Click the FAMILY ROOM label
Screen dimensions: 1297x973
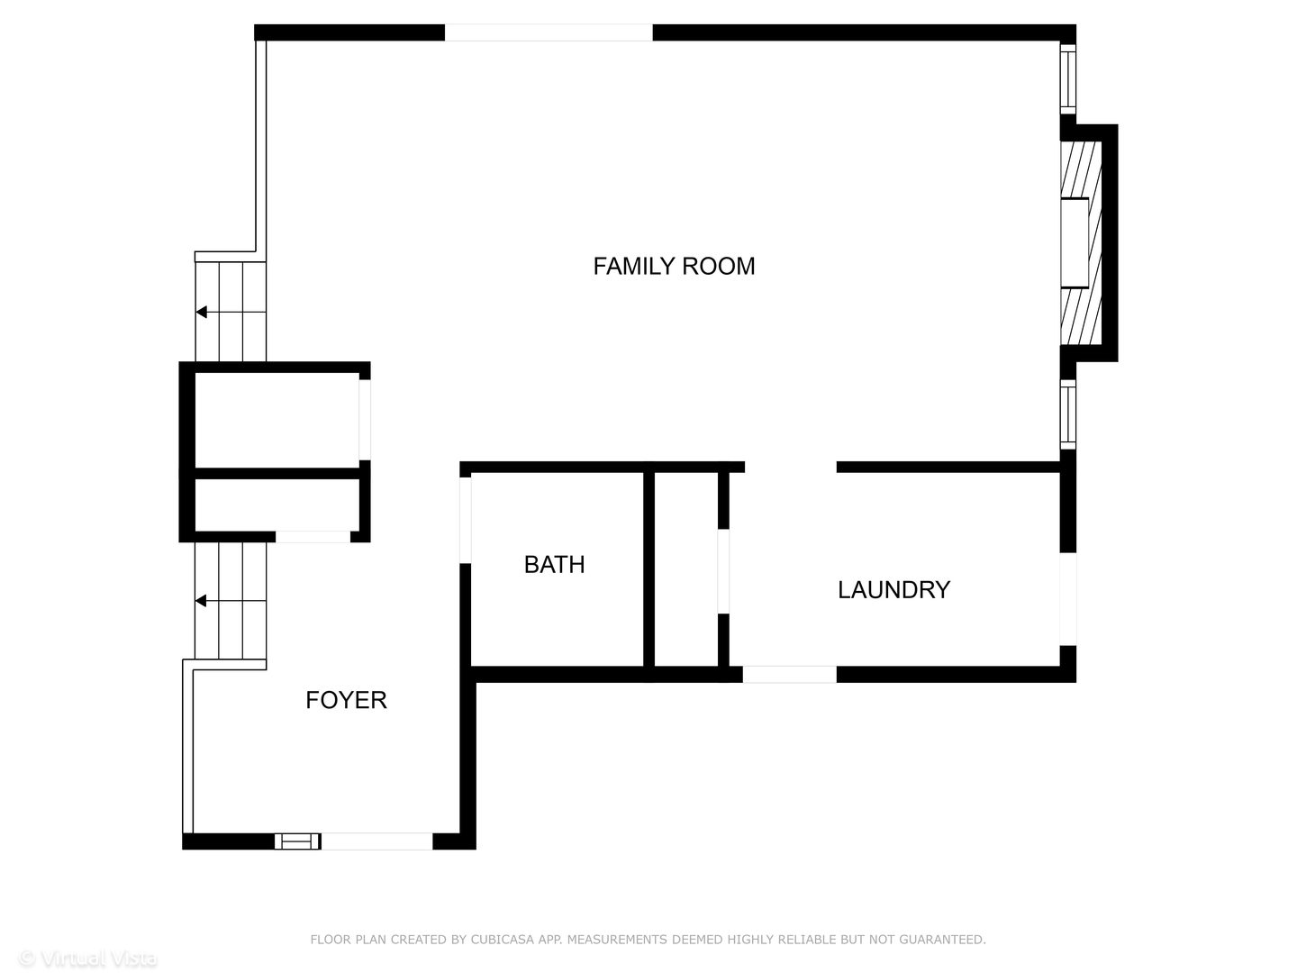(674, 266)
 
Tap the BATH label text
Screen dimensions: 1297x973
(554, 565)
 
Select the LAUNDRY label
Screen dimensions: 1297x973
(893, 589)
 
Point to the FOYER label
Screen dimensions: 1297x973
(346, 700)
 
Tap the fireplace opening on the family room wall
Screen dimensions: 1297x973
(1075, 243)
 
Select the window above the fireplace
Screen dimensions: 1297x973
(1067, 78)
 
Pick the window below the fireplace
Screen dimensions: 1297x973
(1067, 414)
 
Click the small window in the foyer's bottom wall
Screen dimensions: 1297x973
(297, 841)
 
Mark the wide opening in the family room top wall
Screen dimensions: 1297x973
(549, 32)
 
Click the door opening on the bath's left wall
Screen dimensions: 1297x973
(466, 520)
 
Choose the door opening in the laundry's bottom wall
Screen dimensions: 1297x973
(789, 674)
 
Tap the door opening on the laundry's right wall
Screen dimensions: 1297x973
(1067, 599)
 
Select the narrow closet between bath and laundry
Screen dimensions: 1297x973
(686, 568)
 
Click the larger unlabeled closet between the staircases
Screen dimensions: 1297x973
(277, 420)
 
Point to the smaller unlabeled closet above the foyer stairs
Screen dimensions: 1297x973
(277, 505)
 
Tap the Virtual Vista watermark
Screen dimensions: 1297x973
(88, 959)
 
